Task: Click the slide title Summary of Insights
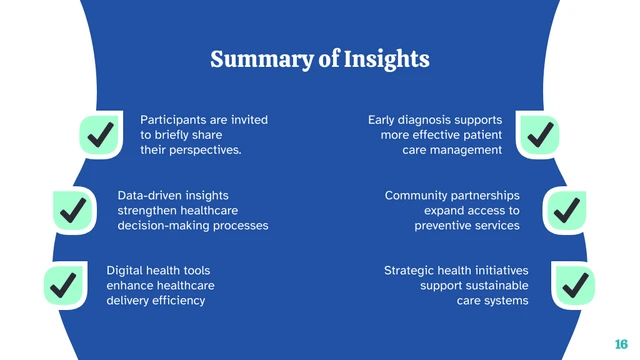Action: coord(320,60)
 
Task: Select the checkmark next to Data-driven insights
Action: coord(73,210)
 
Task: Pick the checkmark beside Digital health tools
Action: coord(64,285)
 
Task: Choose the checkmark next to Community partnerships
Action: coord(566,210)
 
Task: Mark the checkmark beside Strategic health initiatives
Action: coord(574,285)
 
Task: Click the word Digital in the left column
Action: coord(126,270)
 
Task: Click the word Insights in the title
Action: coord(386,60)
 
